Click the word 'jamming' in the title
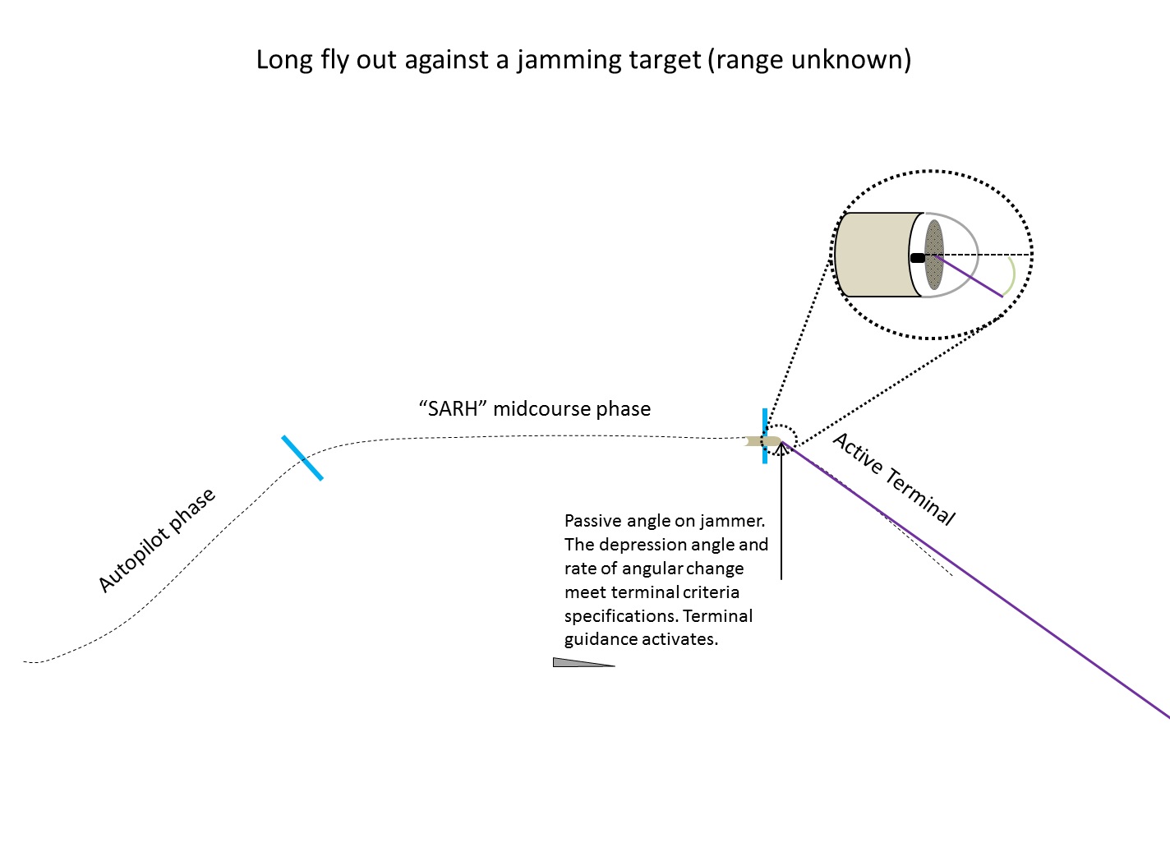click(x=569, y=60)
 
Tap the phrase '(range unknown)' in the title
click(x=809, y=59)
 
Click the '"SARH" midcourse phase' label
click(x=535, y=409)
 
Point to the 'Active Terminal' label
click(x=894, y=479)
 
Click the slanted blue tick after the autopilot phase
click(x=302, y=458)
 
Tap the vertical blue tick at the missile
click(x=765, y=436)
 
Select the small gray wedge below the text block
click(x=583, y=662)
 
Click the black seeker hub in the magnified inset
click(x=918, y=258)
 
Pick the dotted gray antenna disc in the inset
click(x=934, y=255)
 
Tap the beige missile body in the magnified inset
click(x=877, y=255)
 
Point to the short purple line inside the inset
click(x=969, y=276)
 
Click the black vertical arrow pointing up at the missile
click(x=781, y=510)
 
